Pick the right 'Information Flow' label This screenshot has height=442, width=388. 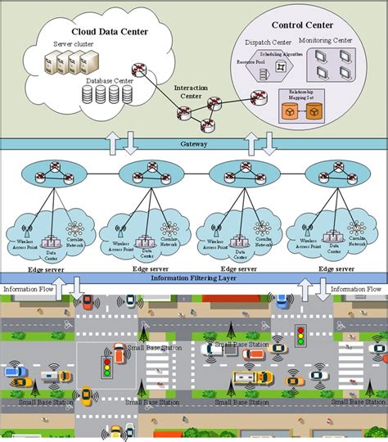357,289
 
